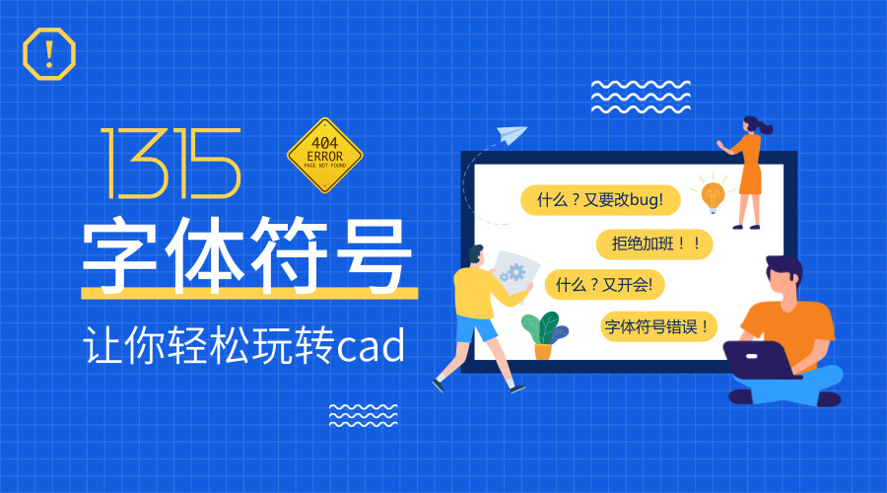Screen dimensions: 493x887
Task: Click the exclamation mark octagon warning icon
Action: pyautogui.click(x=48, y=53)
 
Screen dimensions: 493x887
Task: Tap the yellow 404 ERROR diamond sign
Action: pyautogui.click(x=324, y=156)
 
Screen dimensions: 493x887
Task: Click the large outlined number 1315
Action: pyautogui.click(x=171, y=163)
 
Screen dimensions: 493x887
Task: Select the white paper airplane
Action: pyautogui.click(x=512, y=135)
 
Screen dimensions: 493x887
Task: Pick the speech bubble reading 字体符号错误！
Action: pyautogui.click(x=657, y=325)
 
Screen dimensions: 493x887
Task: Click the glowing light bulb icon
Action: pyautogui.click(x=713, y=195)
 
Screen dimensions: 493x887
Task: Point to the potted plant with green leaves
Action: pyautogui.click(x=543, y=333)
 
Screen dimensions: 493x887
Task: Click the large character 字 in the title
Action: pyautogui.click(x=121, y=253)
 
